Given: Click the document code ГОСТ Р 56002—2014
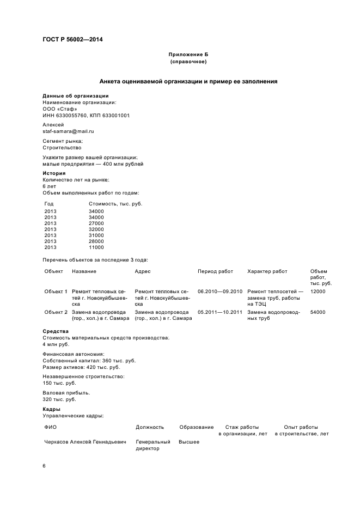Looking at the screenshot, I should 72,39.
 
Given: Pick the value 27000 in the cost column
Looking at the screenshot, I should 96,223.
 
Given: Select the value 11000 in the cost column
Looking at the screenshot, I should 96,247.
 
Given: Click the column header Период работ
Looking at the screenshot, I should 215,271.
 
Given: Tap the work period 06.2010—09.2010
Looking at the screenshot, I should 219,292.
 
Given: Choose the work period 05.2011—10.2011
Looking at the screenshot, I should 219,312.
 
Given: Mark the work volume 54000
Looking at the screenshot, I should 318,312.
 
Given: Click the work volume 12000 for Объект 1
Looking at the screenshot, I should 318,292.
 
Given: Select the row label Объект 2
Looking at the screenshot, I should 56,312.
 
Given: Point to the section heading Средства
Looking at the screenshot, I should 56,331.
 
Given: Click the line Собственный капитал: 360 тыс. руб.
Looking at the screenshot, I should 89,361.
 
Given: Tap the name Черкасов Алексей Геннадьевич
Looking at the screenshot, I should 85,442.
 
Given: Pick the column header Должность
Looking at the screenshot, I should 150,427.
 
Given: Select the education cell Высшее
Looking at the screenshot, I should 189,442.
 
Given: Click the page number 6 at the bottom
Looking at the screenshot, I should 45,466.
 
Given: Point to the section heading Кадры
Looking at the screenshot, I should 52,409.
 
